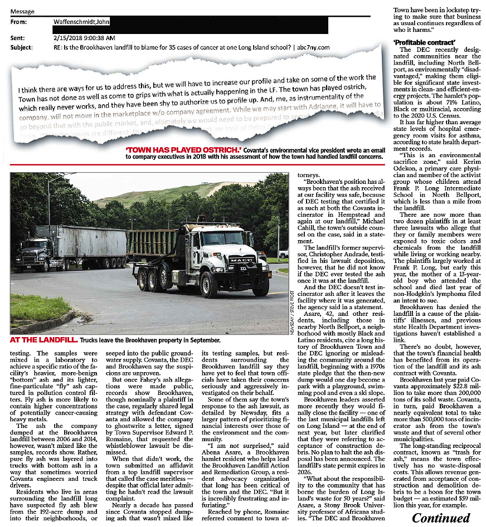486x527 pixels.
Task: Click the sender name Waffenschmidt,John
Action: tap(81, 22)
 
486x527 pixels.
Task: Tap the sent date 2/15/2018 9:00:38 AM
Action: tap(85, 38)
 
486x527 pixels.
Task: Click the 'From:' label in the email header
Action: tap(18, 22)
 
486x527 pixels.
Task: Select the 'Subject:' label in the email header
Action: tap(21, 47)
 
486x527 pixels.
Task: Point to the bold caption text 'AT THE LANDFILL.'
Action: tap(43, 340)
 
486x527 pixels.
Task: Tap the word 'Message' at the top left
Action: tap(22, 11)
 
